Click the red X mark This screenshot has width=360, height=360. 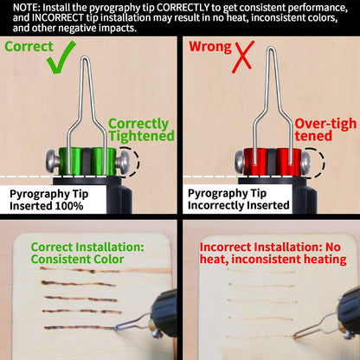[x=243, y=56]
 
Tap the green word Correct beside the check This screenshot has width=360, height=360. [x=29, y=47]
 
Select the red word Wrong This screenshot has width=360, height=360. [x=210, y=47]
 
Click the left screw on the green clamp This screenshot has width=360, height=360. [x=53, y=162]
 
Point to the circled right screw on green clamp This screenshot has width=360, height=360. [x=124, y=162]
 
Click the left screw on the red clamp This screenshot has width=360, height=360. [x=240, y=162]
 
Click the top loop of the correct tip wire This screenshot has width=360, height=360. [x=85, y=58]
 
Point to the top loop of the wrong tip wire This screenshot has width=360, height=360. [x=270, y=49]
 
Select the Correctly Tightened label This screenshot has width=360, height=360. [x=141, y=130]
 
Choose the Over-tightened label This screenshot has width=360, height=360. [x=325, y=130]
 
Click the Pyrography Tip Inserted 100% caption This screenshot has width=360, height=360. [x=48, y=200]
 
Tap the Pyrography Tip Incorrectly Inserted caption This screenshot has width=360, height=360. [x=239, y=199]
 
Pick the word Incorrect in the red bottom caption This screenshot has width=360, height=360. [x=226, y=247]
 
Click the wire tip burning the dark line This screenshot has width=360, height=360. [x=116, y=328]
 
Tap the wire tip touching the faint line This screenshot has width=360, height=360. [x=296, y=336]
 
